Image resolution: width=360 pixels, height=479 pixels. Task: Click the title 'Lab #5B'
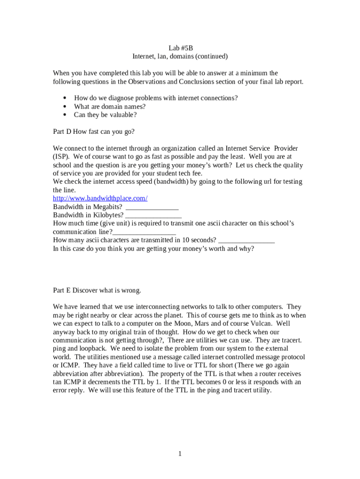(x=180, y=48)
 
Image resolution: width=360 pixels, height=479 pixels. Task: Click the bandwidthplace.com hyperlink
(x=100, y=198)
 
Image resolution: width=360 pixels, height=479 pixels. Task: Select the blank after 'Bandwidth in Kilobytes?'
(x=153, y=215)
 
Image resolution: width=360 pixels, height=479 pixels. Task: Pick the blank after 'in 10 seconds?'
(x=246, y=240)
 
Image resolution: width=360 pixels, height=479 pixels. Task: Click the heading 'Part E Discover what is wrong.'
(x=97, y=290)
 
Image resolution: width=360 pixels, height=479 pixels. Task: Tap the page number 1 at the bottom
(x=180, y=454)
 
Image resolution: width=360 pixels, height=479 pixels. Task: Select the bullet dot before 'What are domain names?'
(x=64, y=107)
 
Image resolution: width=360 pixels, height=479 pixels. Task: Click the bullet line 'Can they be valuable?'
(x=105, y=115)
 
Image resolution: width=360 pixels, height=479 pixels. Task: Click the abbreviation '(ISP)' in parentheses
(x=61, y=157)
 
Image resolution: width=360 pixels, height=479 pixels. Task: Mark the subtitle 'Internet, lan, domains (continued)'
(x=180, y=57)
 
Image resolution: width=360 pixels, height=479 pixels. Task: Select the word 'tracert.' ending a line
(x=290, y=341)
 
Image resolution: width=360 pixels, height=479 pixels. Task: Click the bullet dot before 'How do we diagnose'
(x=64, y=98)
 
